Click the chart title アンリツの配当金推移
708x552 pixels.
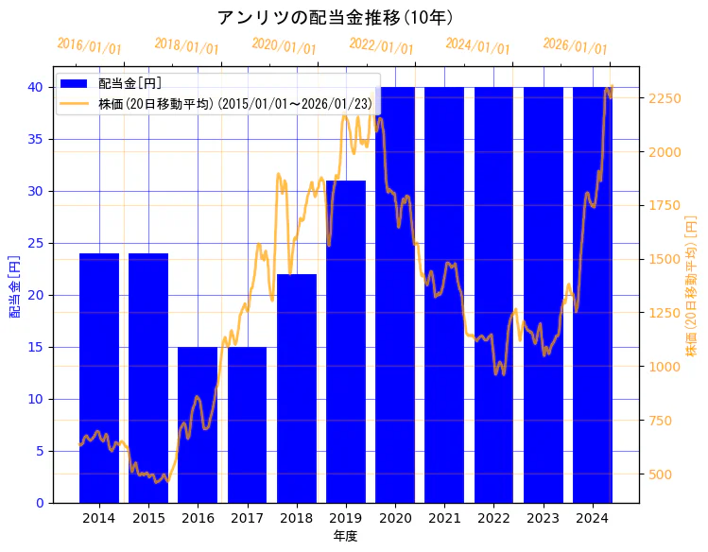pos(336,18)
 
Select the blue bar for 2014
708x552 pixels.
pos(99,378)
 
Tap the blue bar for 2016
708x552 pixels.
pos(198,425)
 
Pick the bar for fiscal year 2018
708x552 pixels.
pos(297,388)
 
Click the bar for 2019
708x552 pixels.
pos(346,340)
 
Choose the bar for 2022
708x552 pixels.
pos(493,293)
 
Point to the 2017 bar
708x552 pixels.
pos(247,425)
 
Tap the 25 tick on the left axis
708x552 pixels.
pos(34,243)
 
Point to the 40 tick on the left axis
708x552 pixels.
pos(34,87)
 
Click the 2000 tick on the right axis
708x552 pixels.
pos(664,152)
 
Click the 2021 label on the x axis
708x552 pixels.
pos(444,518)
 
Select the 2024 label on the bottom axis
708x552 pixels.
pos(592,518)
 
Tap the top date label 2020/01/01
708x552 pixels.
pos(284,46)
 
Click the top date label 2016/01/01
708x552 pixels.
pos(89,46)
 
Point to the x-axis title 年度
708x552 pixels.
pos(345,536)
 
